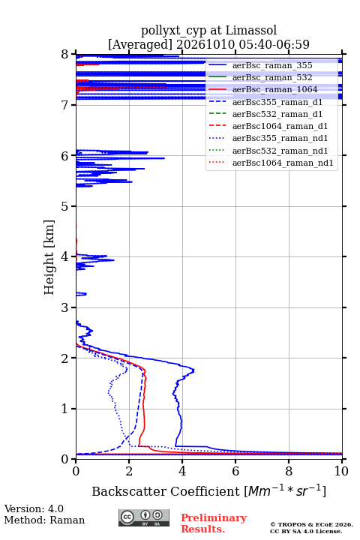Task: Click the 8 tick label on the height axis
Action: tap(65, 55)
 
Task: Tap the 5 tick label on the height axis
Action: tap(65, 206)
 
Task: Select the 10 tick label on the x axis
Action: tap(341, 471)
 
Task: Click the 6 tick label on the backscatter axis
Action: tap(235, 471)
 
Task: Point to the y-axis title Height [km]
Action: tap(49, 257)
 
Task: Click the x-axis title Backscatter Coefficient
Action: tap(166, 491)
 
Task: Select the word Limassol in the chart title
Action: tap(251, 31)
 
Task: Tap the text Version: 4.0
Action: tap(34, 508)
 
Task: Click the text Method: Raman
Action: tap(44, 520)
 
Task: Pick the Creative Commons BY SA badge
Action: tap(144, 518)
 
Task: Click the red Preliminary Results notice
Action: tap(214, 523)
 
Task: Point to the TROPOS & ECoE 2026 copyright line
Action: tap(311, 524)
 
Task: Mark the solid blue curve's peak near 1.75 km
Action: tap(193, 370)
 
